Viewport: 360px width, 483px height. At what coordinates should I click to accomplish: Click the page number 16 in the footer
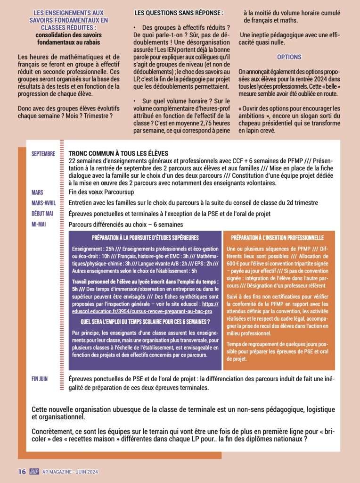21,472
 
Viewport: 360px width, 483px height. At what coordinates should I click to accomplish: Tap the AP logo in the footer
33,472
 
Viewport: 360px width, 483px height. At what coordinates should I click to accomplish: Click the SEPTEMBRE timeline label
43,154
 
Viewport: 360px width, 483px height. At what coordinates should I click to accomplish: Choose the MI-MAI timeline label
40,225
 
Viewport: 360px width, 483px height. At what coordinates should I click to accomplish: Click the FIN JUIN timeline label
40,379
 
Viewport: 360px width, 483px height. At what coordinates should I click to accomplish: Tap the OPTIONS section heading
289,57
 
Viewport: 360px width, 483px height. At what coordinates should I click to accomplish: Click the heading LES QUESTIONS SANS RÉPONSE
179,12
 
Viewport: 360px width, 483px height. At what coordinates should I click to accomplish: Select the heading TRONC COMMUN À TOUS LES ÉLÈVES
118,154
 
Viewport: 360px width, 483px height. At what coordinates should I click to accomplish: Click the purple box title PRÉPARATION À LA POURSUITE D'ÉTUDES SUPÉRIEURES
145,238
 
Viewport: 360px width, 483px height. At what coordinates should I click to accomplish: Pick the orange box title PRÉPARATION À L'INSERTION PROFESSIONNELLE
277,238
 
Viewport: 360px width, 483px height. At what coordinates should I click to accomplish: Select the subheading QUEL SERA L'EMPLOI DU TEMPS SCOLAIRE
145,322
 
